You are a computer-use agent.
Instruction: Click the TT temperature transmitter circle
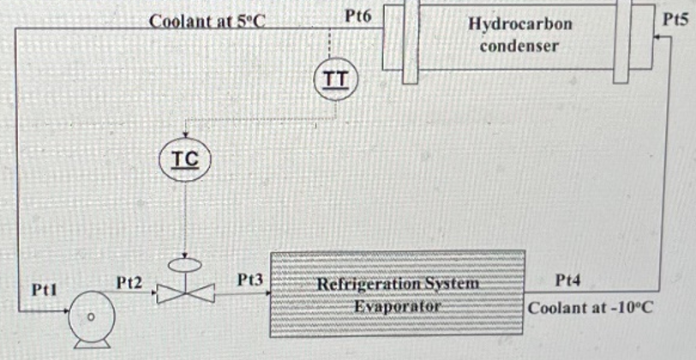click(x=334, y=80)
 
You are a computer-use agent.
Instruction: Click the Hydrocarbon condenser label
click(x=519, y=35)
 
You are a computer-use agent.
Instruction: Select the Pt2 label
click(x=129, y=281)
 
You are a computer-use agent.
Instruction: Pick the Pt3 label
click(x=249, y=279)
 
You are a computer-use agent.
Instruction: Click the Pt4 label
click(x=569, y=279)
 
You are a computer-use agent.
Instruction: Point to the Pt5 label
click(x=676, y=18)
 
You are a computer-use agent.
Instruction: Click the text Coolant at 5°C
click(x=207, y=19)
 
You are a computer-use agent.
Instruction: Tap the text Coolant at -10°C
click(x=591, y=306)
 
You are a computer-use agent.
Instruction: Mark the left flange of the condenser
click(x=410, y=41)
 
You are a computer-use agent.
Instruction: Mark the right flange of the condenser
click(x=622, y=41)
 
